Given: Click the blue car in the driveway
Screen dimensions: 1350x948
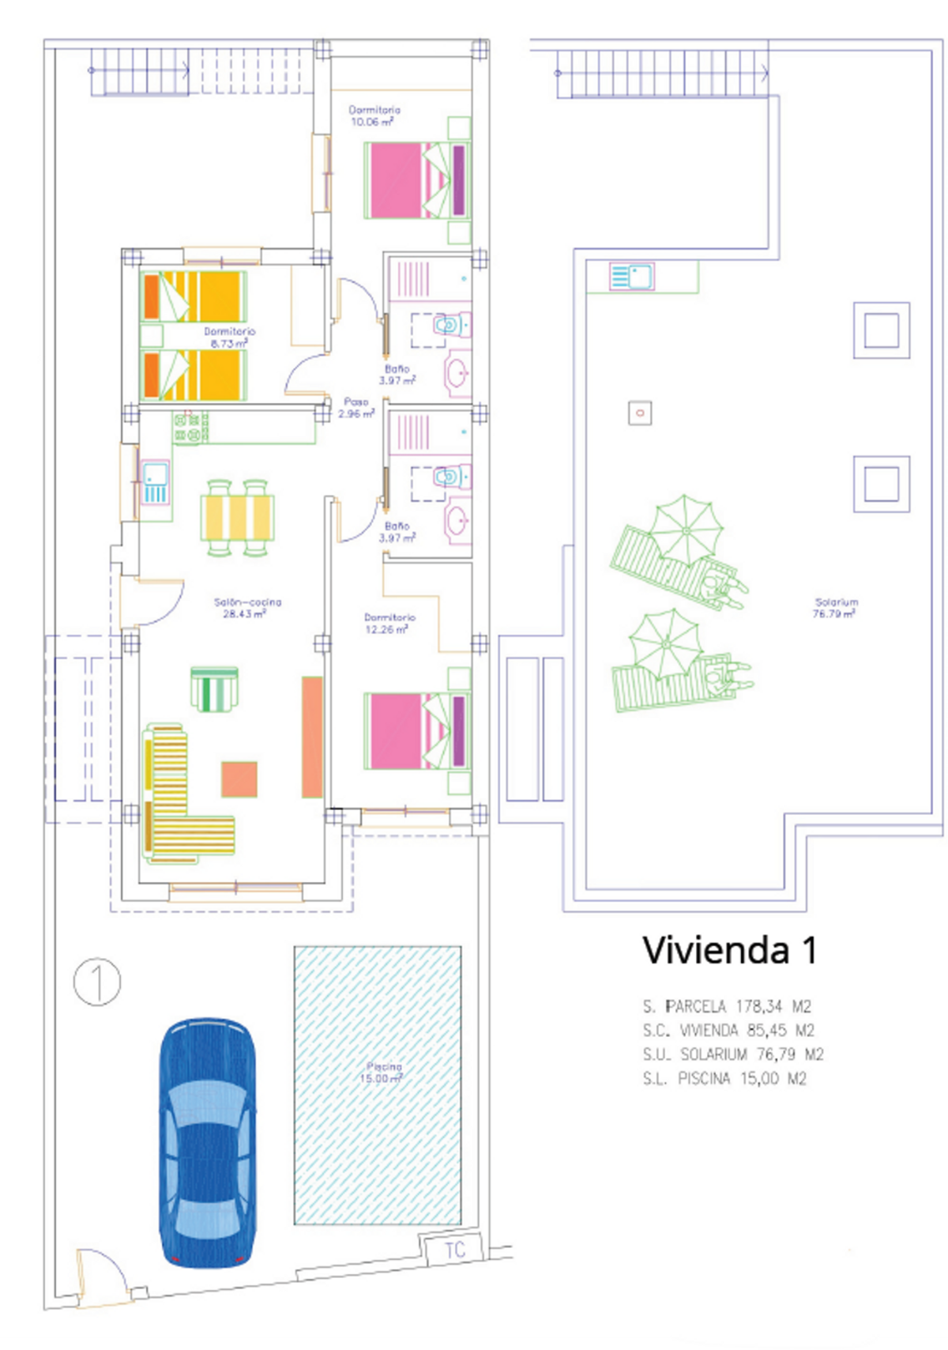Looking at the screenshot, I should [x=207, y=1143].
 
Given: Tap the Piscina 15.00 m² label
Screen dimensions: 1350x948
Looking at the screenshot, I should [x=382, y=1073].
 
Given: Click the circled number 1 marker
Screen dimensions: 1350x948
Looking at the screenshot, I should [x=97, y=982].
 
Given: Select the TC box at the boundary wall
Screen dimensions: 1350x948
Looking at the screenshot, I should [x=454, y=1250].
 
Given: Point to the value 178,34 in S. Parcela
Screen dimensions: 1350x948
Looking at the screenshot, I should [x=758, y=1006].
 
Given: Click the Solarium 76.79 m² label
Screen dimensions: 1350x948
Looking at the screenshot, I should [x=835, y=608].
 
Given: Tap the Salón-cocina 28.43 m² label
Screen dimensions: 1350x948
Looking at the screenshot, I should [x=246, y=608].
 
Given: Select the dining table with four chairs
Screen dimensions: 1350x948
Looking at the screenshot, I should [x=237, y=518].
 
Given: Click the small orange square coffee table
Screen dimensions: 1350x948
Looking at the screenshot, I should [x=239, y=779].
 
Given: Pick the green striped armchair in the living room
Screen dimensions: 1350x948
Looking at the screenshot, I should [x=214, y=688].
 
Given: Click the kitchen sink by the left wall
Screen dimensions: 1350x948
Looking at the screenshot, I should [x=156, y=482].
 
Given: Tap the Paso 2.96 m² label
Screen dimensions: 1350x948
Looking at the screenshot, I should [x=355, y=408].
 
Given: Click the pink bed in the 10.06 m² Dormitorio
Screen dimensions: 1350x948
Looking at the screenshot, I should [x=416, y=180].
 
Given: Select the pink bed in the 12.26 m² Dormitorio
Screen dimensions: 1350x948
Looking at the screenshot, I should [x=416, y=730].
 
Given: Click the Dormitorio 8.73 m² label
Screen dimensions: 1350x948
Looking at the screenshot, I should [x=228, y=337].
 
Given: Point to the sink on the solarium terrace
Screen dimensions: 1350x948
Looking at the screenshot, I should [x=631, y=277].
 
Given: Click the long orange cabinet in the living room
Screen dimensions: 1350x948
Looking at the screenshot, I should [x=312, y=737].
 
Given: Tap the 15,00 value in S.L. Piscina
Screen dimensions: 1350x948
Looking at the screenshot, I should [x=758, y=1078].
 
